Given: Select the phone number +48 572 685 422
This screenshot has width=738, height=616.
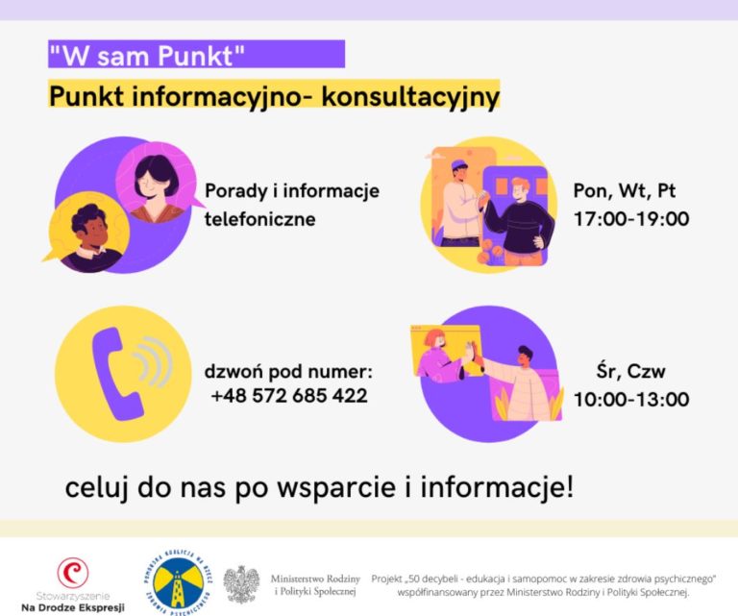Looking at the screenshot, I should click(x=287, y=395).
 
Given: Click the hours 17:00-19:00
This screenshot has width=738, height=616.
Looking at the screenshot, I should click(x=630, y=219).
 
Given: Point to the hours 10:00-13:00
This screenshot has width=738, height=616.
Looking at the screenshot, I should click(x=630, y=399).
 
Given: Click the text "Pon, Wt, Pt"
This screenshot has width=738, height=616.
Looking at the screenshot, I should click(x=625, y=190).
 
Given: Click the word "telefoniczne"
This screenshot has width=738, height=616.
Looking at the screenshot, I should click(x=259, y=220).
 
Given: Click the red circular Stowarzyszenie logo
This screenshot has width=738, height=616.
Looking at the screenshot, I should click(x=72, y=573).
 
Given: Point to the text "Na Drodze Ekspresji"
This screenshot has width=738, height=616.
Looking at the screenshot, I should click(x=73, y=607).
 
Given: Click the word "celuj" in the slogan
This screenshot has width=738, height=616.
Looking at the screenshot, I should click(x=94, y=487).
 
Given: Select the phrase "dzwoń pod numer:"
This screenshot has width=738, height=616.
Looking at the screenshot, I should click(x=287, y=372).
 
